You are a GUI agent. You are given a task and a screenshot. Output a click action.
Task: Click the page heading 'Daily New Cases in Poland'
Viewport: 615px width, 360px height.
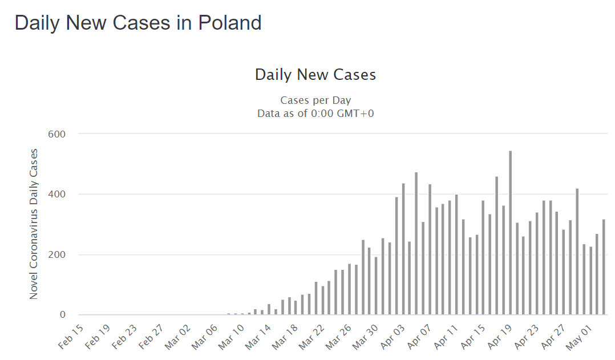[138, 23]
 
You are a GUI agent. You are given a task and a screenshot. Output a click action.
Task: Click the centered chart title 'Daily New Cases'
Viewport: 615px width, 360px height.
[315, 75]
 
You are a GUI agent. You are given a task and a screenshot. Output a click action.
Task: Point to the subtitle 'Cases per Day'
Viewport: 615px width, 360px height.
[315, 101]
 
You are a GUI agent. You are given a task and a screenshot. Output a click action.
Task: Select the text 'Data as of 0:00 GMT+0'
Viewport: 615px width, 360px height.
[315, 114]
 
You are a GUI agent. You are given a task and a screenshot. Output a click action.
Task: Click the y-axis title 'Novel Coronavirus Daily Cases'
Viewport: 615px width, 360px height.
[34, 224]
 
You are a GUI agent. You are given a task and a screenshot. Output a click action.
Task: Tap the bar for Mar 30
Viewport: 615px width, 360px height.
[377, 286]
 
